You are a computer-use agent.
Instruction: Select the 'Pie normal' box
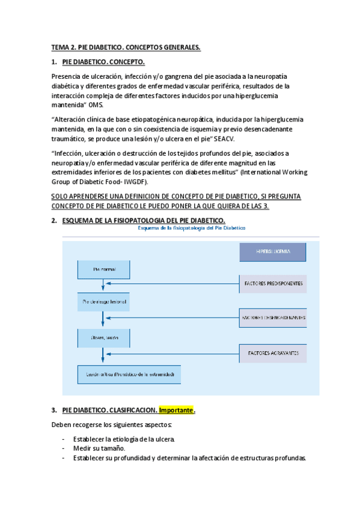point(103,270)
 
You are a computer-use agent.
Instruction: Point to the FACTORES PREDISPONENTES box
point(272,283)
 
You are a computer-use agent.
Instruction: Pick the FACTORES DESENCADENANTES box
point(272,317)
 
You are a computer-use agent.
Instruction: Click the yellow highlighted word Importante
point(176,410)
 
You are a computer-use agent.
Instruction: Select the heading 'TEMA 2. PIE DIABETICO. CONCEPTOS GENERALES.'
point(126,48)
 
